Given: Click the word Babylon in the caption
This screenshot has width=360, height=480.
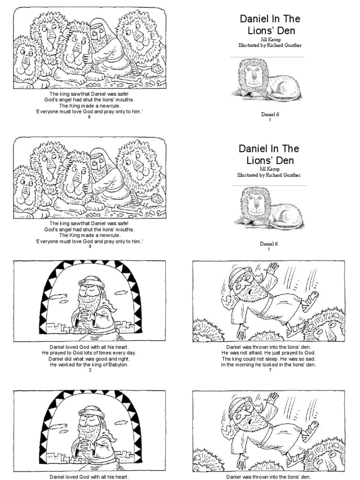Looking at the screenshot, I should tap(118, 364).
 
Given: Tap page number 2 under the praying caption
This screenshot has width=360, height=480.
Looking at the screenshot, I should tap(90, 370).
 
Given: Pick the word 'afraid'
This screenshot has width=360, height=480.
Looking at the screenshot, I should tap(260, 352).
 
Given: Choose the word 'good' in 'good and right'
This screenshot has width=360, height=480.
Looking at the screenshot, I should tap(102, 359).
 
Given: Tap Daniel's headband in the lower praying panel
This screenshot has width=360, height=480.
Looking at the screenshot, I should tap(91, 412).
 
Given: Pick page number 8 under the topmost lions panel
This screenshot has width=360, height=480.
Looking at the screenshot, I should tap(90, 117).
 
